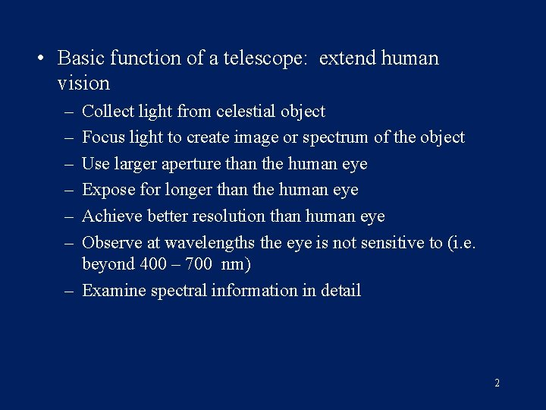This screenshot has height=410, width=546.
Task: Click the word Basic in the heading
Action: pos(80,58)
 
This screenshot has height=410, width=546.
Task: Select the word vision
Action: pos(83,83)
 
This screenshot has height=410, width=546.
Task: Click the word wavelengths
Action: pos(212,242)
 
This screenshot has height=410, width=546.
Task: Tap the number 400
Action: pos(149,264)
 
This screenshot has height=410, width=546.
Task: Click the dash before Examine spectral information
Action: pos(69,291)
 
